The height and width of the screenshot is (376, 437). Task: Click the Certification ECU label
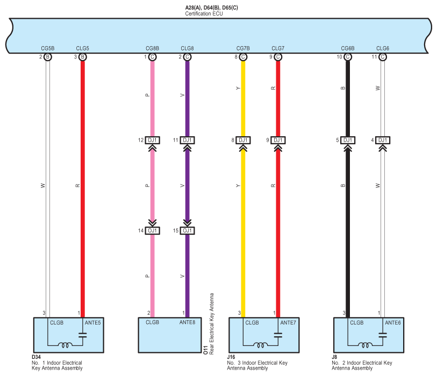[x=204, y=13]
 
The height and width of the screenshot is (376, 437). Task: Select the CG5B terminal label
[x=47, y=48]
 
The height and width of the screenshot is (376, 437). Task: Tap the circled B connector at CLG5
[x=82, y=57]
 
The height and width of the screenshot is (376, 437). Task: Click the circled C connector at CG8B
[x=152, y=57]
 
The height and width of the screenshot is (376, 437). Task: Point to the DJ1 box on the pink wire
[x=152, y=141]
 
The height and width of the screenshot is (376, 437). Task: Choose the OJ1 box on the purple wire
[x=187, y=231]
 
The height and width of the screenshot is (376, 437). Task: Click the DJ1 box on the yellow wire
[x=243, y=141]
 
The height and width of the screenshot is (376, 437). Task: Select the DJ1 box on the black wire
[x=348, y=141]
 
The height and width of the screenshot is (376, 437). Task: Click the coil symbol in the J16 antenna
[x=262, y=345]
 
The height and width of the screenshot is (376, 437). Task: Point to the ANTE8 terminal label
[x=187, y=323]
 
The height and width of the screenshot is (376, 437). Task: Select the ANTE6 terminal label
[x=393, y=323]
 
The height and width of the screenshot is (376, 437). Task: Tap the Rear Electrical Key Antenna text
[x=212, y=323]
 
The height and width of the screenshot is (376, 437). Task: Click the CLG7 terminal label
[x=278, y=48]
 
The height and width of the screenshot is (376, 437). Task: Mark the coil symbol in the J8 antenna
[x=367, y=345]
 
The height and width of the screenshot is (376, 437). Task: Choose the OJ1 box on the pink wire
[x=152, y=231]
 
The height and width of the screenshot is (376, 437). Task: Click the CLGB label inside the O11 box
[x=152, y=323]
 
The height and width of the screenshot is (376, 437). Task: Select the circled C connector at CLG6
[x=383, y=57]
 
